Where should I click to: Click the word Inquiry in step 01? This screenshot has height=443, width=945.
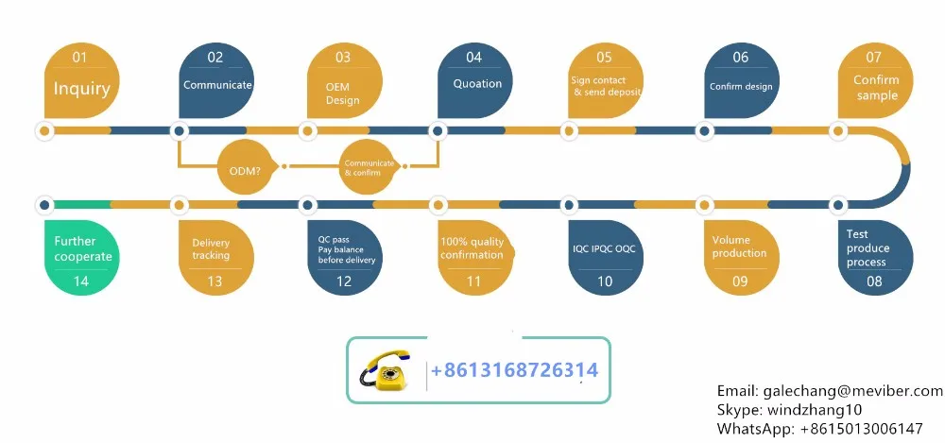(x=81, y=90)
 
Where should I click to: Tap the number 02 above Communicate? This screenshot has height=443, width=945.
(x=215, y=58)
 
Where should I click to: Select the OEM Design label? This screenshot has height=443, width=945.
(x=342, y=93)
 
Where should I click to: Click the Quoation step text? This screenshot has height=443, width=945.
(x=477, y=83)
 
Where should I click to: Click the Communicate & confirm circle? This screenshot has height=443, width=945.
(x=369, y=167)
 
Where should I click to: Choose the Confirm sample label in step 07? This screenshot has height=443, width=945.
(x=876, y=88)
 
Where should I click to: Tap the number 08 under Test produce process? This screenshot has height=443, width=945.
(x=874, y=281)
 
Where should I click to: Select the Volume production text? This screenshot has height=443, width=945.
(x=738, y=247)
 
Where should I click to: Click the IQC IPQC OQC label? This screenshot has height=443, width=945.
(x=605, y=248)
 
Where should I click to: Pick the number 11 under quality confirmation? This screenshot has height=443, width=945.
(x=473, y=281)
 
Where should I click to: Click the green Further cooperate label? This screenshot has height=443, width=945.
(x=82, y=249)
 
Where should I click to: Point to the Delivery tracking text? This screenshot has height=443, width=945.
(x=211, y=249)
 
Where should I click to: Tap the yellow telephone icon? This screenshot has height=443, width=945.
(x=386, y=368)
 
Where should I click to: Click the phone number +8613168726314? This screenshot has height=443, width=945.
(x=514, y=370)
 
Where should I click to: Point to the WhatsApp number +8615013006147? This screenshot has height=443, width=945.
(x=861, y=429)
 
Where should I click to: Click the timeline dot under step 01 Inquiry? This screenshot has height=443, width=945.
(x=43, y=130)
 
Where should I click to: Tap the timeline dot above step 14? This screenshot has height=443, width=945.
(x=43, y=204)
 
